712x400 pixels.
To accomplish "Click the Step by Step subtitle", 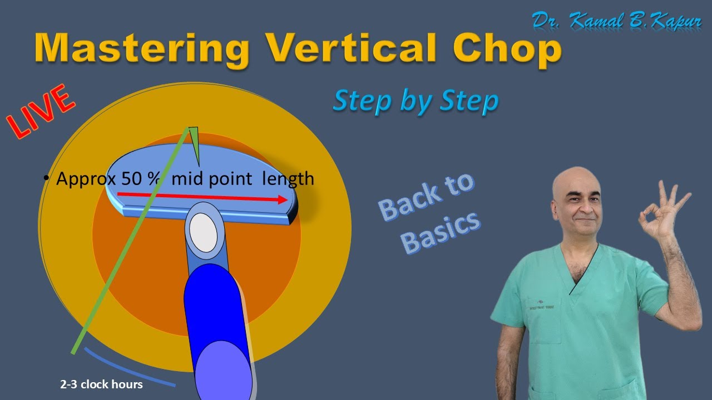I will coord(415,101).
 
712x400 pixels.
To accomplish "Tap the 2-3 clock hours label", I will coord(101,384).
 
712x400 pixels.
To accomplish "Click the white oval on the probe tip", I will coord(203,232).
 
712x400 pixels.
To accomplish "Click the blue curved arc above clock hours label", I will coord(128,370).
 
